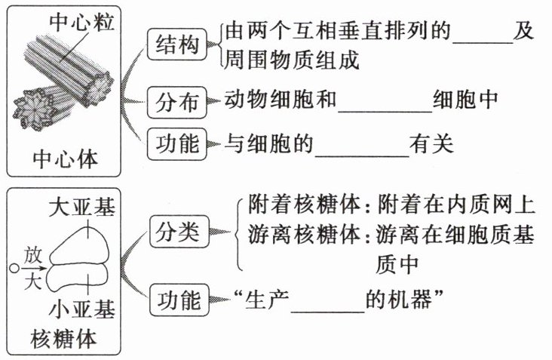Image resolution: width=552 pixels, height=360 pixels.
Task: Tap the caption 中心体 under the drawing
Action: coord(66,159)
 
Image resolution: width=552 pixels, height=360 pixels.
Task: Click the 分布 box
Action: coord(176,100)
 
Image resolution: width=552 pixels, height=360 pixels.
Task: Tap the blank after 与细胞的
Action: coord(363,143)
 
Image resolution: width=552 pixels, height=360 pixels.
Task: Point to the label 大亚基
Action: coord(81,207)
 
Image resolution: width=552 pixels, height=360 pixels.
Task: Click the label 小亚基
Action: coord(81,309)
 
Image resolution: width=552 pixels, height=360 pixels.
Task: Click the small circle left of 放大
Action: coord(13,266)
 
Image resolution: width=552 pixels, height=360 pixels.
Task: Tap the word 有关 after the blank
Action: coord(432,143)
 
